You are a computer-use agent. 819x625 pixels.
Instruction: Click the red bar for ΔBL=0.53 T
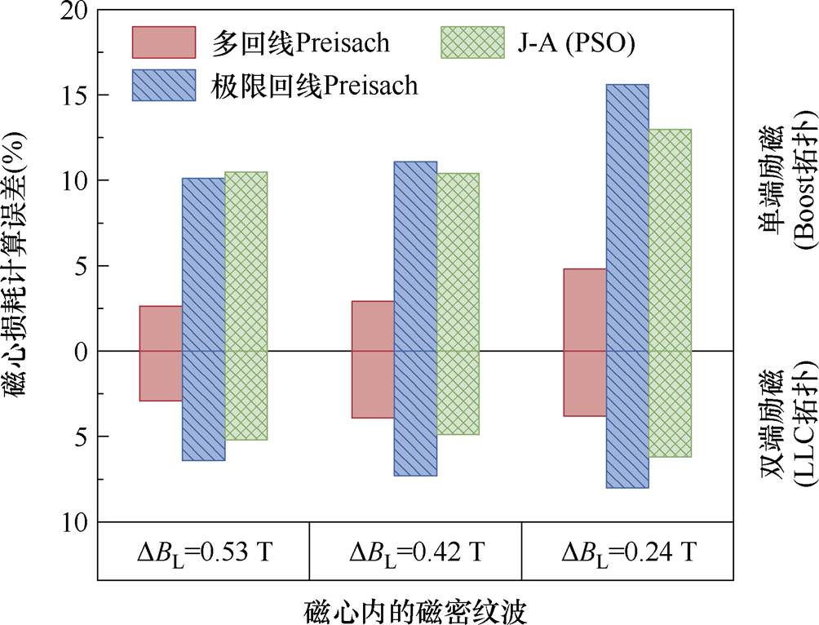coord(161,353)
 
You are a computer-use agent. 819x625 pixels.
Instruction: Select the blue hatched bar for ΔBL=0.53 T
coord(203,319)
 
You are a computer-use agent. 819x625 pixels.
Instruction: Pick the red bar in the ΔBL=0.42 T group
coord(373,359)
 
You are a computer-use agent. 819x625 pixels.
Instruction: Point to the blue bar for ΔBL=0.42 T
coord(415,318)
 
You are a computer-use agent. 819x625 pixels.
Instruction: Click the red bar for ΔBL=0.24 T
coord(585,353)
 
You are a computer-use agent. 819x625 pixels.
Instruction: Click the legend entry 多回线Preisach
coord(261,42)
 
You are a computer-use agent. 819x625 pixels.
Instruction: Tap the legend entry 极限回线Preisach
coord(275,85)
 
